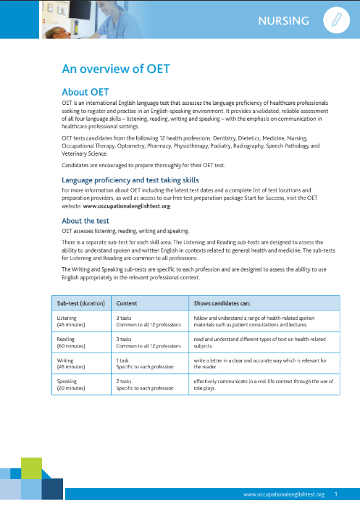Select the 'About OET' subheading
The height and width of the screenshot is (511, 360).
(85, 92)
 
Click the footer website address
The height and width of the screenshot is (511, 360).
(284, 494)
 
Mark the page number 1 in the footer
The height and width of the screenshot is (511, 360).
(336, 494)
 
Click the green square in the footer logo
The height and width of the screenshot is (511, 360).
(31, 468)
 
